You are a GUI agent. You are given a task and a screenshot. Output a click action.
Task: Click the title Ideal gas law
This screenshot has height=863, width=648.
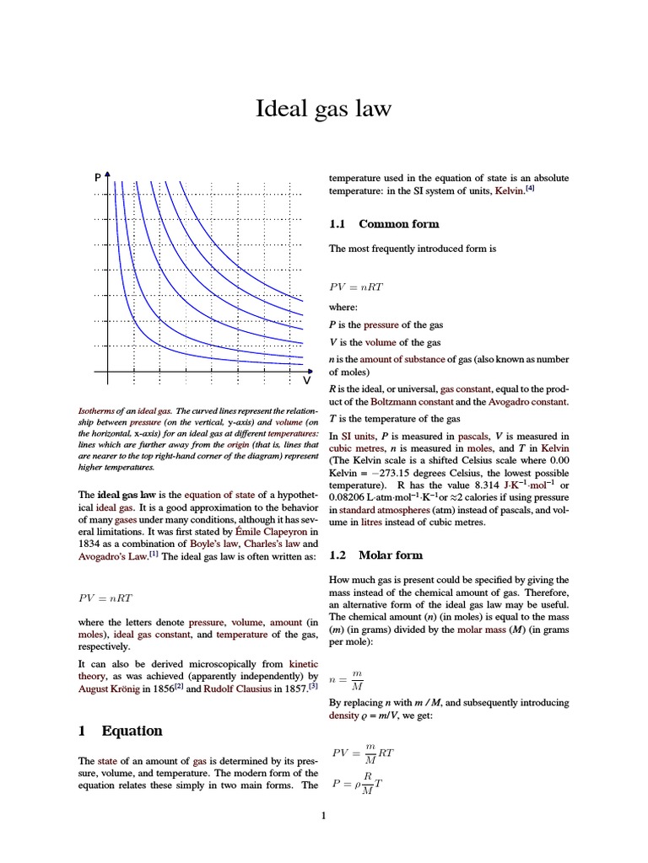tap(324, 110)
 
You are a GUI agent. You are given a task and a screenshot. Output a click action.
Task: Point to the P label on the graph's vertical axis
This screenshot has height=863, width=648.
tap(98, 178)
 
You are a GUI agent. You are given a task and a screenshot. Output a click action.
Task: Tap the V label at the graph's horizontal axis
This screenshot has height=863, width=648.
tap(307, 380)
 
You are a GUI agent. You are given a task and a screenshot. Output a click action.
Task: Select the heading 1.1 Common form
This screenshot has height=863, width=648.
tap(383, 224)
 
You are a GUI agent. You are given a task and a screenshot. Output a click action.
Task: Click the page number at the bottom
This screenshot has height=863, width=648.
tap(323, 815)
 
